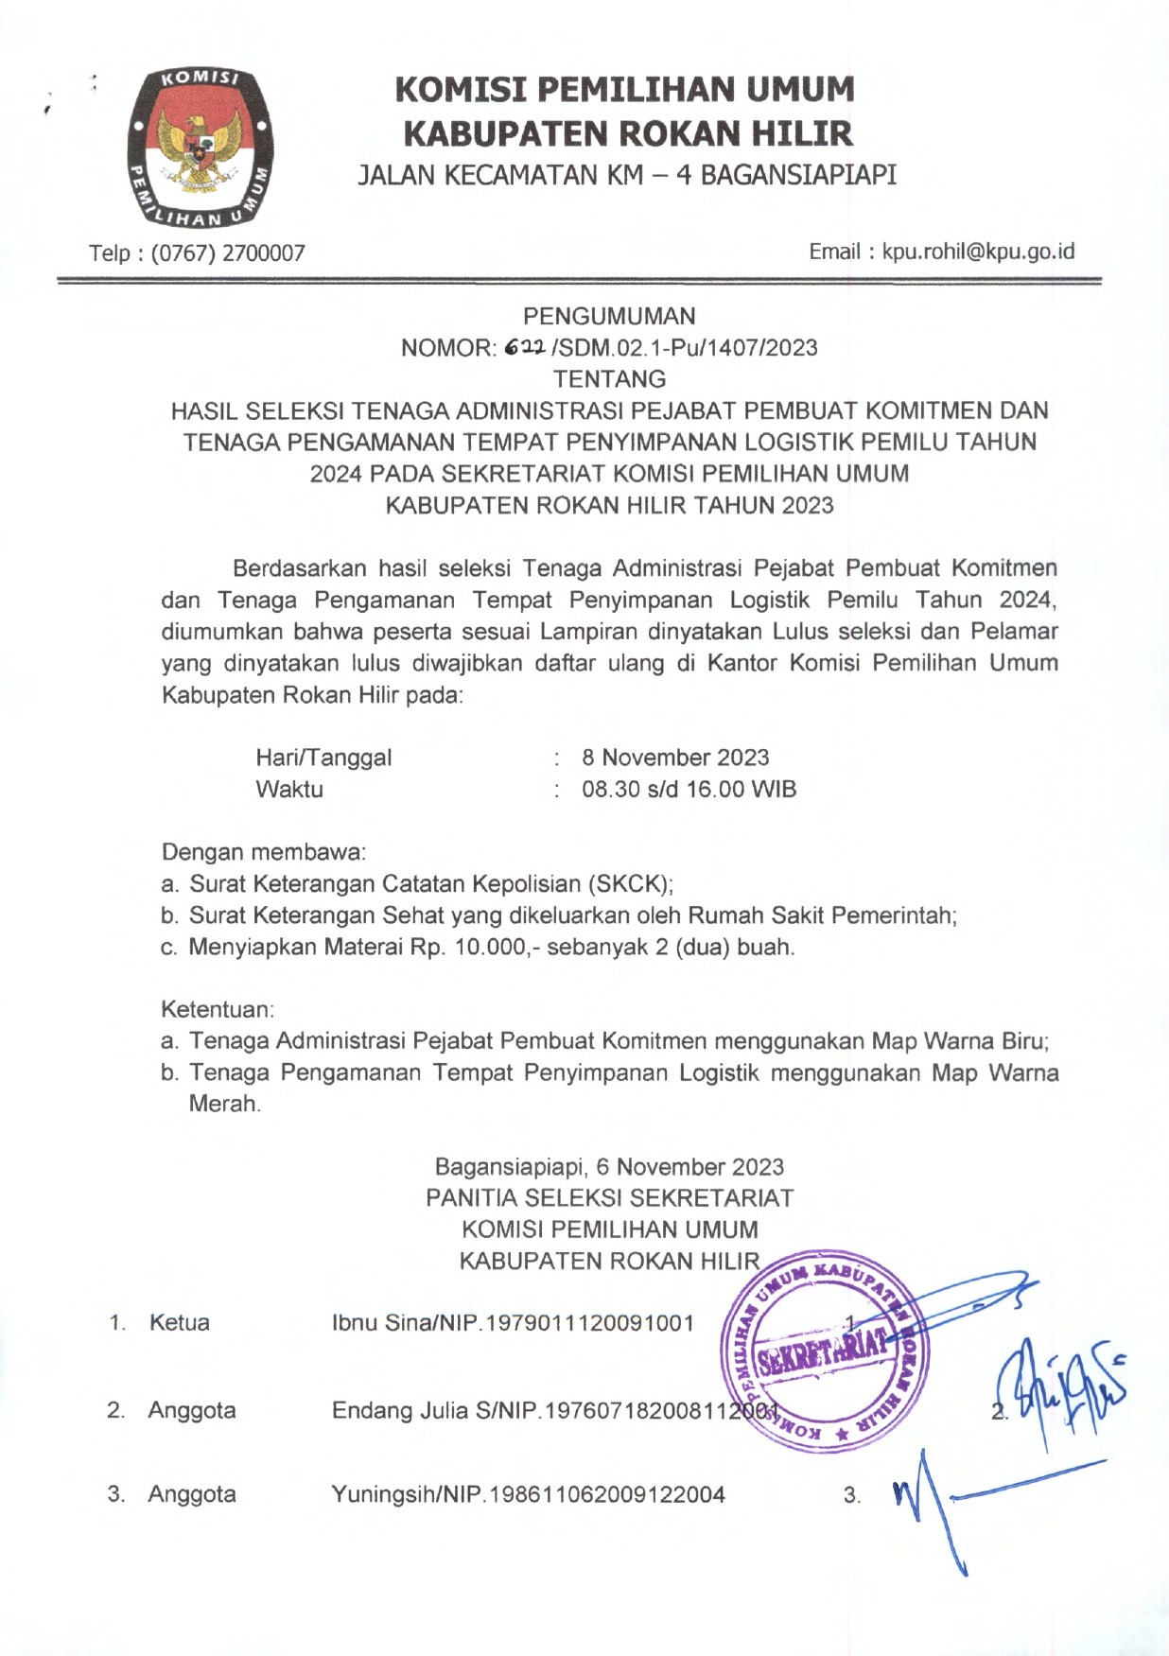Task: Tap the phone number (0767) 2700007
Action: pos(228,253)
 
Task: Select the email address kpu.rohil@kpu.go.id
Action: pos(978,252)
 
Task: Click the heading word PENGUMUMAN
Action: pos(609,316)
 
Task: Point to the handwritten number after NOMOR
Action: pos(524,348)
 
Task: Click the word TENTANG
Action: pos(609,379)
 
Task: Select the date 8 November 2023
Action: pos(675,758)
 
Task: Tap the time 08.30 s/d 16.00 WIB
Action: pos(689,790)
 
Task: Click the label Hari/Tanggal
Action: pos(323,758)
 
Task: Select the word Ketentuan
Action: pos(217,1009)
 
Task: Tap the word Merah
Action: pos(224,1104)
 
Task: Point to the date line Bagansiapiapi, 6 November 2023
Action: pos(609,1167)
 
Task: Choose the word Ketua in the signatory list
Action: pos(180,1322)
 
